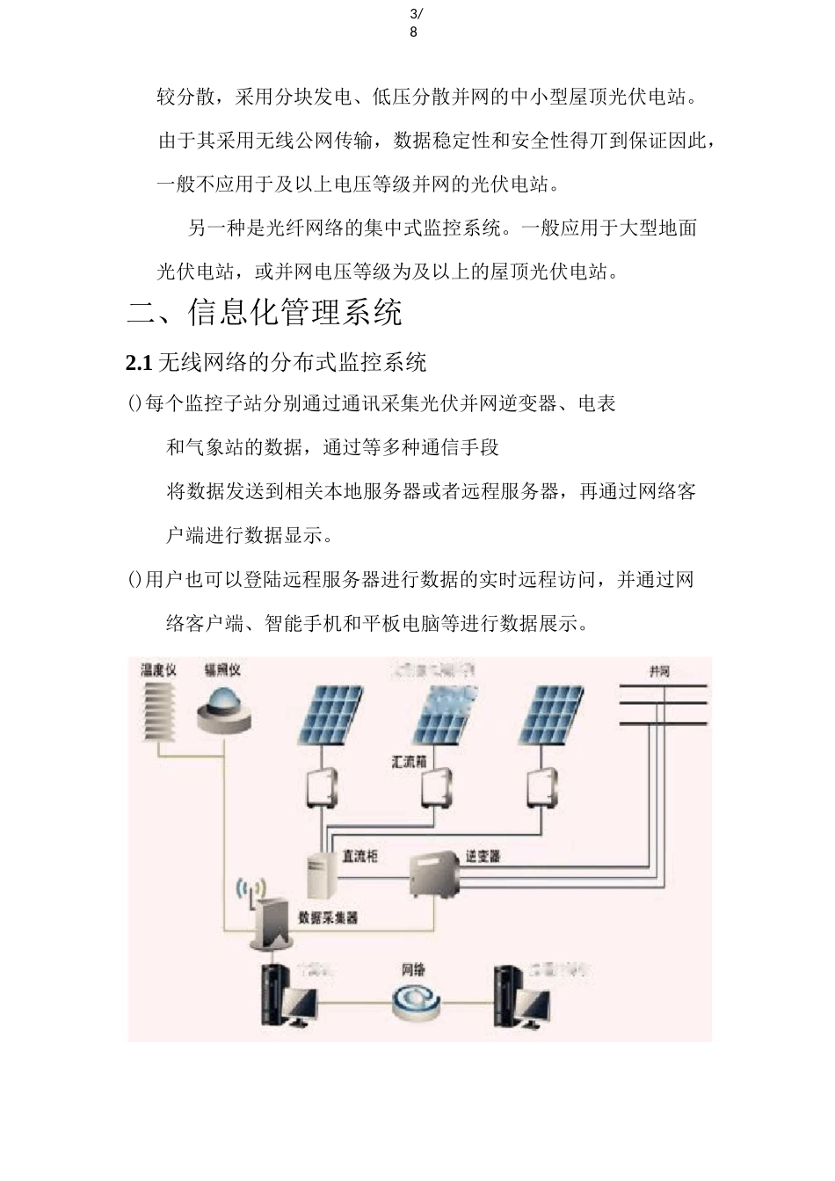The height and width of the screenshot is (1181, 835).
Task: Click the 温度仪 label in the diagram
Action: (159, 670)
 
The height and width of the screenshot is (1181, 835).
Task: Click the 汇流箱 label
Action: (409, 763)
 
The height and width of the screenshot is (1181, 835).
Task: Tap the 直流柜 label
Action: (359, 855)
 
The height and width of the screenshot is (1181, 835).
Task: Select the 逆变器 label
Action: (483, 855)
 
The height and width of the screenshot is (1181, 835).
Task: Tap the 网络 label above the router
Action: (413, 970)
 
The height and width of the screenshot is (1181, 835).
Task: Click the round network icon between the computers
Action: (413, 1001)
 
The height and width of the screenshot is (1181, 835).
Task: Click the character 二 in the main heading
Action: (142, 313)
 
